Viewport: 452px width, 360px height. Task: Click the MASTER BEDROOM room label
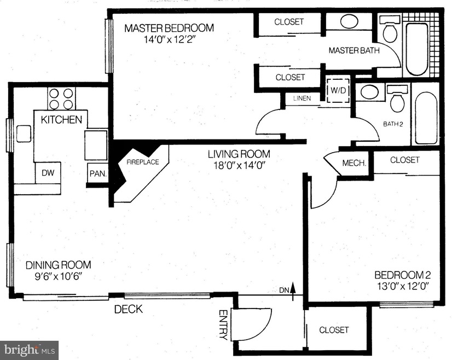(x=169, y=28)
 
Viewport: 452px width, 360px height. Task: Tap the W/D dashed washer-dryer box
(x=338, y=90)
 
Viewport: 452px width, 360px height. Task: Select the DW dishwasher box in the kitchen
(x=48, y=172)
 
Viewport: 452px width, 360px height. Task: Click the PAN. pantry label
(x=98, y=173)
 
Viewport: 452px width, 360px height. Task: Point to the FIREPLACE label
(x=143, y=162)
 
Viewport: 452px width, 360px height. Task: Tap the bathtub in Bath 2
(x=426, y=118)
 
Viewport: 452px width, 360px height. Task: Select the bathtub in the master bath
(x=417, y=49)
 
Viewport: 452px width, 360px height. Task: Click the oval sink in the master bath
(x=349, y=22)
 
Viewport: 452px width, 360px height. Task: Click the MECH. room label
(x=354, y=163)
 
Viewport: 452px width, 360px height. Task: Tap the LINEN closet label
(x=302, y=98)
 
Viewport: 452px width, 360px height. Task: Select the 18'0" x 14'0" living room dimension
(x=239, y=166)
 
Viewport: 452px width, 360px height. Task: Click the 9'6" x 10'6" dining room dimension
(x=59, y=277)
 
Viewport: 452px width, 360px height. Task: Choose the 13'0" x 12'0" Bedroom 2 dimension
(x=403, y=287)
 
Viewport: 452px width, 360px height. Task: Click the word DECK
(x=129, y=309)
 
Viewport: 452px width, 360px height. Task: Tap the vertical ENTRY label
(x=223, y=325)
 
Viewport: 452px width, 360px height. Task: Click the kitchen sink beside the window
(x=24, y=133)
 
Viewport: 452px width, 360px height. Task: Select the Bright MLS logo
(x=30, y=350)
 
